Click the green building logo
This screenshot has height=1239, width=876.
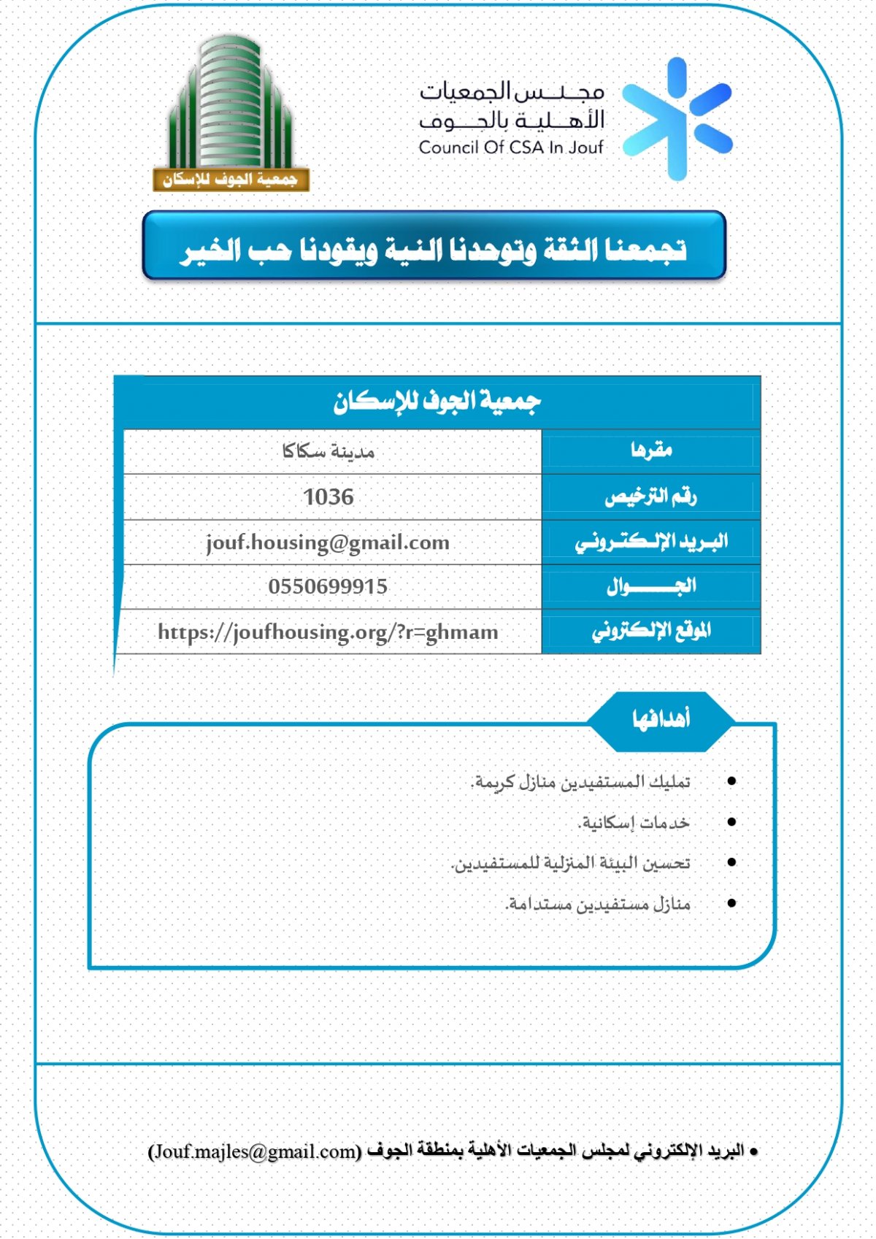coord(230,102)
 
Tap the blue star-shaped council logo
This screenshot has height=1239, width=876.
coord(677,119)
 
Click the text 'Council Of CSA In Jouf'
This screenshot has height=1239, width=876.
coord(511,147)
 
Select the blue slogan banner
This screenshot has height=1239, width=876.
coord(434,247)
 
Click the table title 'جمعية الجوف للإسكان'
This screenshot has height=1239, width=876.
coord(437,402)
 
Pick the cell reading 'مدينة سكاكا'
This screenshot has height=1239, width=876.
coord(328,452)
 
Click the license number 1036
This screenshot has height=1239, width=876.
coord(328,497)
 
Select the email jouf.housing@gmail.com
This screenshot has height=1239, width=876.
coord(328,542)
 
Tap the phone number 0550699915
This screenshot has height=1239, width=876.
coord(328,587)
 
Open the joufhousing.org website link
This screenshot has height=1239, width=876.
coord(328,632)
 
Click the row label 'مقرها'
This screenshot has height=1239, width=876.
coord(651,450)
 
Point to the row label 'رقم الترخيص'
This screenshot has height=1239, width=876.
coord(650,497)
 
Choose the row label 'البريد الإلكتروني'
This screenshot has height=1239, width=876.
coord(651,542)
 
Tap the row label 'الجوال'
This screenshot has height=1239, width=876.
coord(651,586)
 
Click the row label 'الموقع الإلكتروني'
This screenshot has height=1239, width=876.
coord(651,631)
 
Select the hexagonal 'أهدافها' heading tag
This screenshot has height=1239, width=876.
coord(661,721)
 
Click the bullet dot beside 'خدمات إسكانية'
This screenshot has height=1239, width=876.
coord(731,822)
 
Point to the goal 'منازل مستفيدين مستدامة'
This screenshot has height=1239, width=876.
coord(598,905)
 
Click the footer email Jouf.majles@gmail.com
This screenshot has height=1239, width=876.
coord(255,1151)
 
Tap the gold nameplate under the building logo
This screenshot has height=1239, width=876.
coord(231,180)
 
